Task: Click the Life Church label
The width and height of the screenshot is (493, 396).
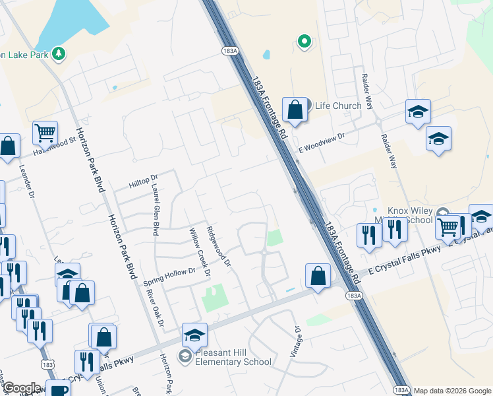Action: pos(337,106)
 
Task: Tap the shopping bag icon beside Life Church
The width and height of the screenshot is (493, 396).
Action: pos(295,110)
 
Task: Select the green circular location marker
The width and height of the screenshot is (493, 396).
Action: pos(304,42)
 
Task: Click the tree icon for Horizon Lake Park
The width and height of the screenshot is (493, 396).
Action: pos(59,54)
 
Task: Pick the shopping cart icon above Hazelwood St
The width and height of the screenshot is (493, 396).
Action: pos(45,133)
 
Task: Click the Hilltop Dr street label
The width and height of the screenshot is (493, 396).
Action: pos(143,179)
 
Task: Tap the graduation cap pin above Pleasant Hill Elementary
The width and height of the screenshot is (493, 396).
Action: pos(194,335)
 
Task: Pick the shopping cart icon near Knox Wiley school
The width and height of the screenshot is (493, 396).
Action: pos(448,226)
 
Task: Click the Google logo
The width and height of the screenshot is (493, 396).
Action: pos(22,389)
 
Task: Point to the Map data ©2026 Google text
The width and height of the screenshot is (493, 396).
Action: pos(452,391)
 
